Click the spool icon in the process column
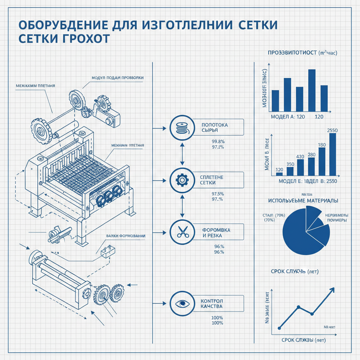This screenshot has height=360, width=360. point(182,127)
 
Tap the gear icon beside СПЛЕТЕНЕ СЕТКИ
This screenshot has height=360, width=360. point(182,180)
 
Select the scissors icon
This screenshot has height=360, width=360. point(182,232)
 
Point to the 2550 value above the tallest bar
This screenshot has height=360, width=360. point(332,130)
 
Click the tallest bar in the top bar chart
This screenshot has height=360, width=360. point(311,90)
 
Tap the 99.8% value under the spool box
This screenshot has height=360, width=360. point(218,141)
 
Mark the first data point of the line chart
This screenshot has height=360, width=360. point(279,328)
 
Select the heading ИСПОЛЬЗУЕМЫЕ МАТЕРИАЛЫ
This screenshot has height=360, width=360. point(303,201)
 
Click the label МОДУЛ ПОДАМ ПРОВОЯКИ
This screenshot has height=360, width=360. point(117,77)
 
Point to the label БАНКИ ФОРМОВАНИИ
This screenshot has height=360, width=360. point(126,236)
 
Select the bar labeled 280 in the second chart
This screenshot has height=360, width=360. point(311,166)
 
